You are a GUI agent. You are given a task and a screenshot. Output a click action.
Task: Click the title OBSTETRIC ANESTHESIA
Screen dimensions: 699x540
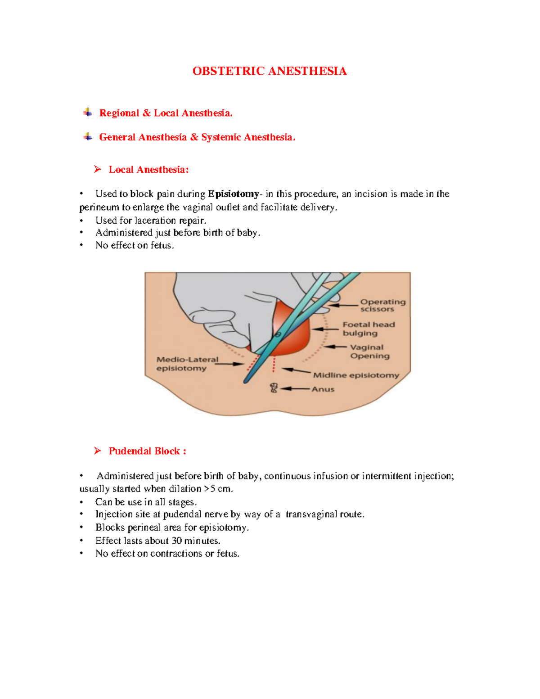[269, 71]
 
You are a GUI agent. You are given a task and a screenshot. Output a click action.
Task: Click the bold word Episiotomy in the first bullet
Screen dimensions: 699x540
[233, 194]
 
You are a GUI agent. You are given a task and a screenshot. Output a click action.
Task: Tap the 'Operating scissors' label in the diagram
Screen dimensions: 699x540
[382, 305]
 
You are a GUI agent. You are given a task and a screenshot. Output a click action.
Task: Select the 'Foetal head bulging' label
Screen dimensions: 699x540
[369, 329]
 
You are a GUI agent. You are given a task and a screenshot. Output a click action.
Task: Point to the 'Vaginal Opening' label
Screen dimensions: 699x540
[369, 352]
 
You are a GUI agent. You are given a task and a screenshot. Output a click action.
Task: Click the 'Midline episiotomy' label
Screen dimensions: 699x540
[356, 375]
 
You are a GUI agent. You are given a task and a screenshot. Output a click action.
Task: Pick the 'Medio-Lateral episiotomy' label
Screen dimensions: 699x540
[187, 364]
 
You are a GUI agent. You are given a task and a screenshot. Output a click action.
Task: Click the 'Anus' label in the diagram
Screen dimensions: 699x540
[323, 389]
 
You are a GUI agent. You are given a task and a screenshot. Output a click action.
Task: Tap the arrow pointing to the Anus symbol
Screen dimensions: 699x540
[295, 388]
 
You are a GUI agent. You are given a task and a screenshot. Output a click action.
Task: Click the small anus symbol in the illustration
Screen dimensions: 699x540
[274, 388]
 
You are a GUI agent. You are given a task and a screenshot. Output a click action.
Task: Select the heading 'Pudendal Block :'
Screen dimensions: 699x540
[147, 451]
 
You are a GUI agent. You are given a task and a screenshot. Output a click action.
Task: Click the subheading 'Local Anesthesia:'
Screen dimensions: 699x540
[148, 170]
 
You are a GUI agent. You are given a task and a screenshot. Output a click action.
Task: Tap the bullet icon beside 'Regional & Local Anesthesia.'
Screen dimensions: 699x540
[88, 113]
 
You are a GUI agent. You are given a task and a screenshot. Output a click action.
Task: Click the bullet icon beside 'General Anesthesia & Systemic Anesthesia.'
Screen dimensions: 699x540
[88, 137]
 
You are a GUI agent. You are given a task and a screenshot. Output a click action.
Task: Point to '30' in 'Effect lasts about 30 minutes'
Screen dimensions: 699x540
[176, 541]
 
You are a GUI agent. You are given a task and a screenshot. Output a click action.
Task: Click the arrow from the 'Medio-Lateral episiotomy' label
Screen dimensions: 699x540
[230, 364]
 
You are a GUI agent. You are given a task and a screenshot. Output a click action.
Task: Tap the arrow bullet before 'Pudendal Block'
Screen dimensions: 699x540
[97, 451]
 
